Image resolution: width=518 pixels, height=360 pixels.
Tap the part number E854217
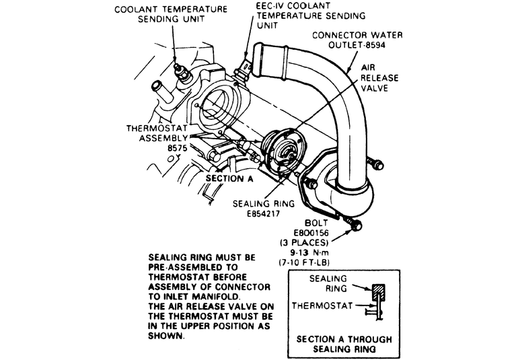[263, 213]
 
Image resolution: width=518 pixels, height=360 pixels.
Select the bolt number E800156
[311, 233]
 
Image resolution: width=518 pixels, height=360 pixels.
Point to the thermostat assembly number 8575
[178, 148]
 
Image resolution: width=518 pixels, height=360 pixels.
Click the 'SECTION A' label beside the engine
[229, 178]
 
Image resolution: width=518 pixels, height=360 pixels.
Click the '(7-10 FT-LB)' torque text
[303, 262]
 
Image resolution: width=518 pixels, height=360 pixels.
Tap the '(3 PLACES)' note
[304, 243]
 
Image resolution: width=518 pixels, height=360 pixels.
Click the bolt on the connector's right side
[377, 164]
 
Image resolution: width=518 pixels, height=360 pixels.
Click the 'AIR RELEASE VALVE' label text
[379, 77]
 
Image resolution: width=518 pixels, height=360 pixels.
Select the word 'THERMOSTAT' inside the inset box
[322, 305]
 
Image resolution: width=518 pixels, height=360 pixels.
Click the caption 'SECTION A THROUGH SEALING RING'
[344, 344]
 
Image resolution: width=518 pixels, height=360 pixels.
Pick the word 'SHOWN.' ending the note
[165, 336]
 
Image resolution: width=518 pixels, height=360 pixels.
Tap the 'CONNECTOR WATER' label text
[357, 35]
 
